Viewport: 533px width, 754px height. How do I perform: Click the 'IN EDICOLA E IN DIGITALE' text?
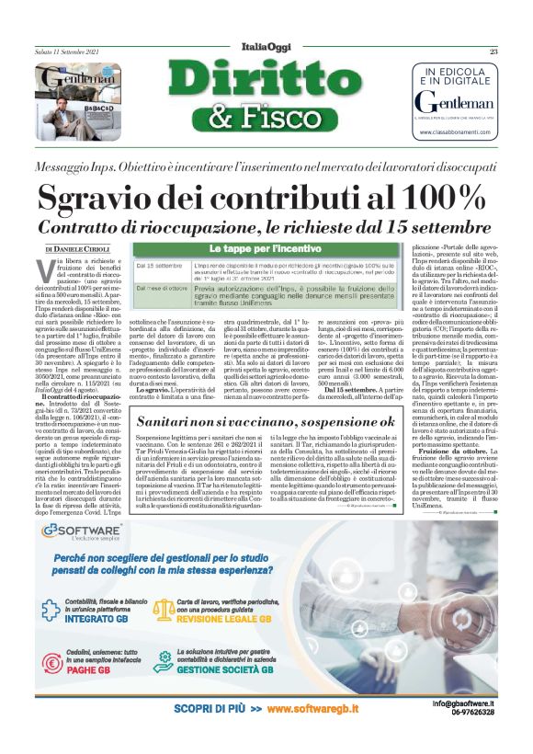[x=455, y=75]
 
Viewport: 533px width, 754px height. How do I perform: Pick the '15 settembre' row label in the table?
[x=158, y=265]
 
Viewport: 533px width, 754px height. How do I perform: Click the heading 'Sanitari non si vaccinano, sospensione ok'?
[x=266, y=420]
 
